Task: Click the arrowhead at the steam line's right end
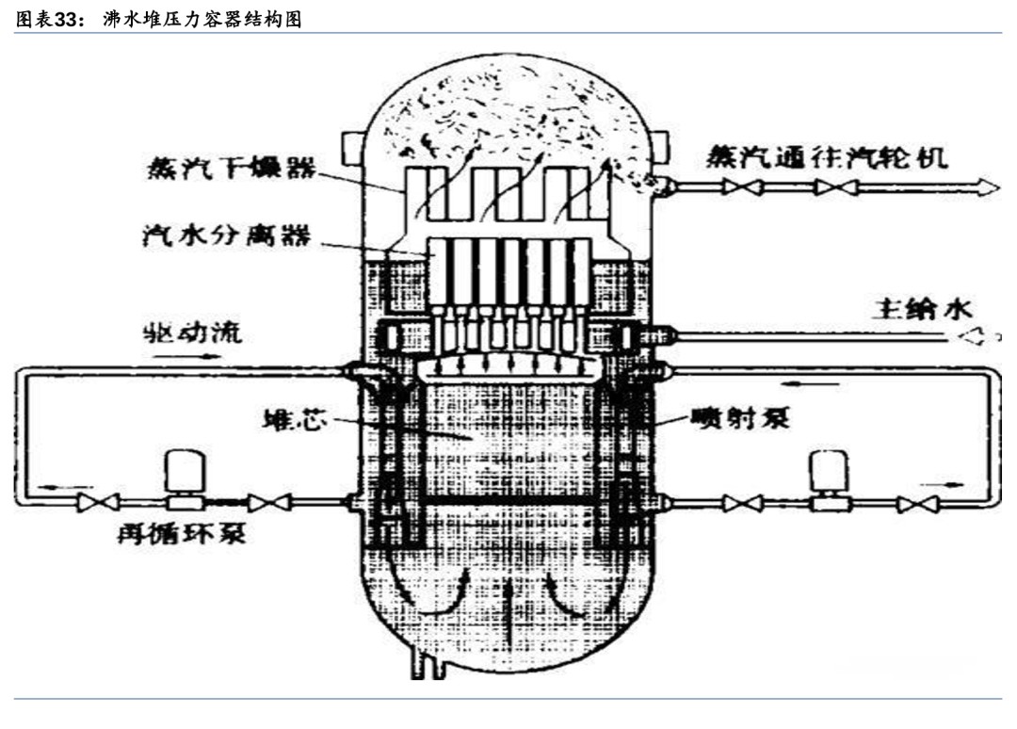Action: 987,187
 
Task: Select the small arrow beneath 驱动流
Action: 209,357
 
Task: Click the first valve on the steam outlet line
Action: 737,187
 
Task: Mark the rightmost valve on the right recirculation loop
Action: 911,504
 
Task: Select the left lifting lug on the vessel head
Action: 354,146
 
